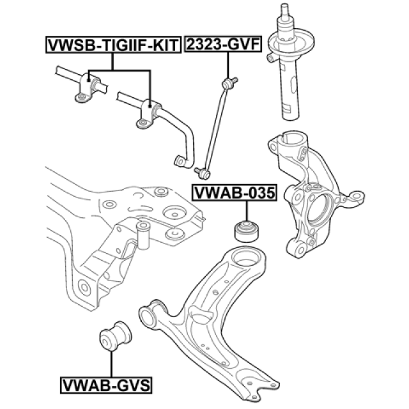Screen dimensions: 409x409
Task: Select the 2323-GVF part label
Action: tap(224, 45)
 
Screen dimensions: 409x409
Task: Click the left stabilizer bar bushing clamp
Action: tap(87, 87)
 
